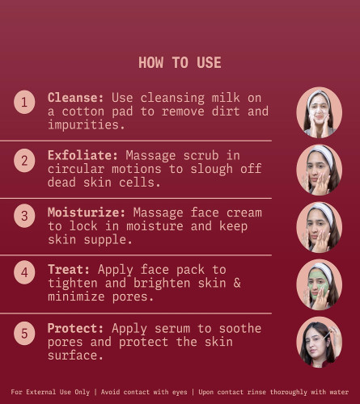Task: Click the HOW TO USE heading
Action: click(180, 62)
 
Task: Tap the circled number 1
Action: click(24, 102)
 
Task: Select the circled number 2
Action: click(24, 161)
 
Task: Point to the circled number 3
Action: click(24, 216)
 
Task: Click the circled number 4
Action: click(24, 272)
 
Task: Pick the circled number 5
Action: click(24, 333)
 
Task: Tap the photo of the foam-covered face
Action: click(320, 112)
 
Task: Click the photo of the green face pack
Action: click(320, 284)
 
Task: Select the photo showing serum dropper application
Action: click(320, 343)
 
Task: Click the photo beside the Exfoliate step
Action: click(320, 170)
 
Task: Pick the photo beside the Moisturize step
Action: click(320, 227)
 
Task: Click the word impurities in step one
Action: click(83, 125)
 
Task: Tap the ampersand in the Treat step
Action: click(237, 283)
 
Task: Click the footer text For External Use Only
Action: click(50, 392)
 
